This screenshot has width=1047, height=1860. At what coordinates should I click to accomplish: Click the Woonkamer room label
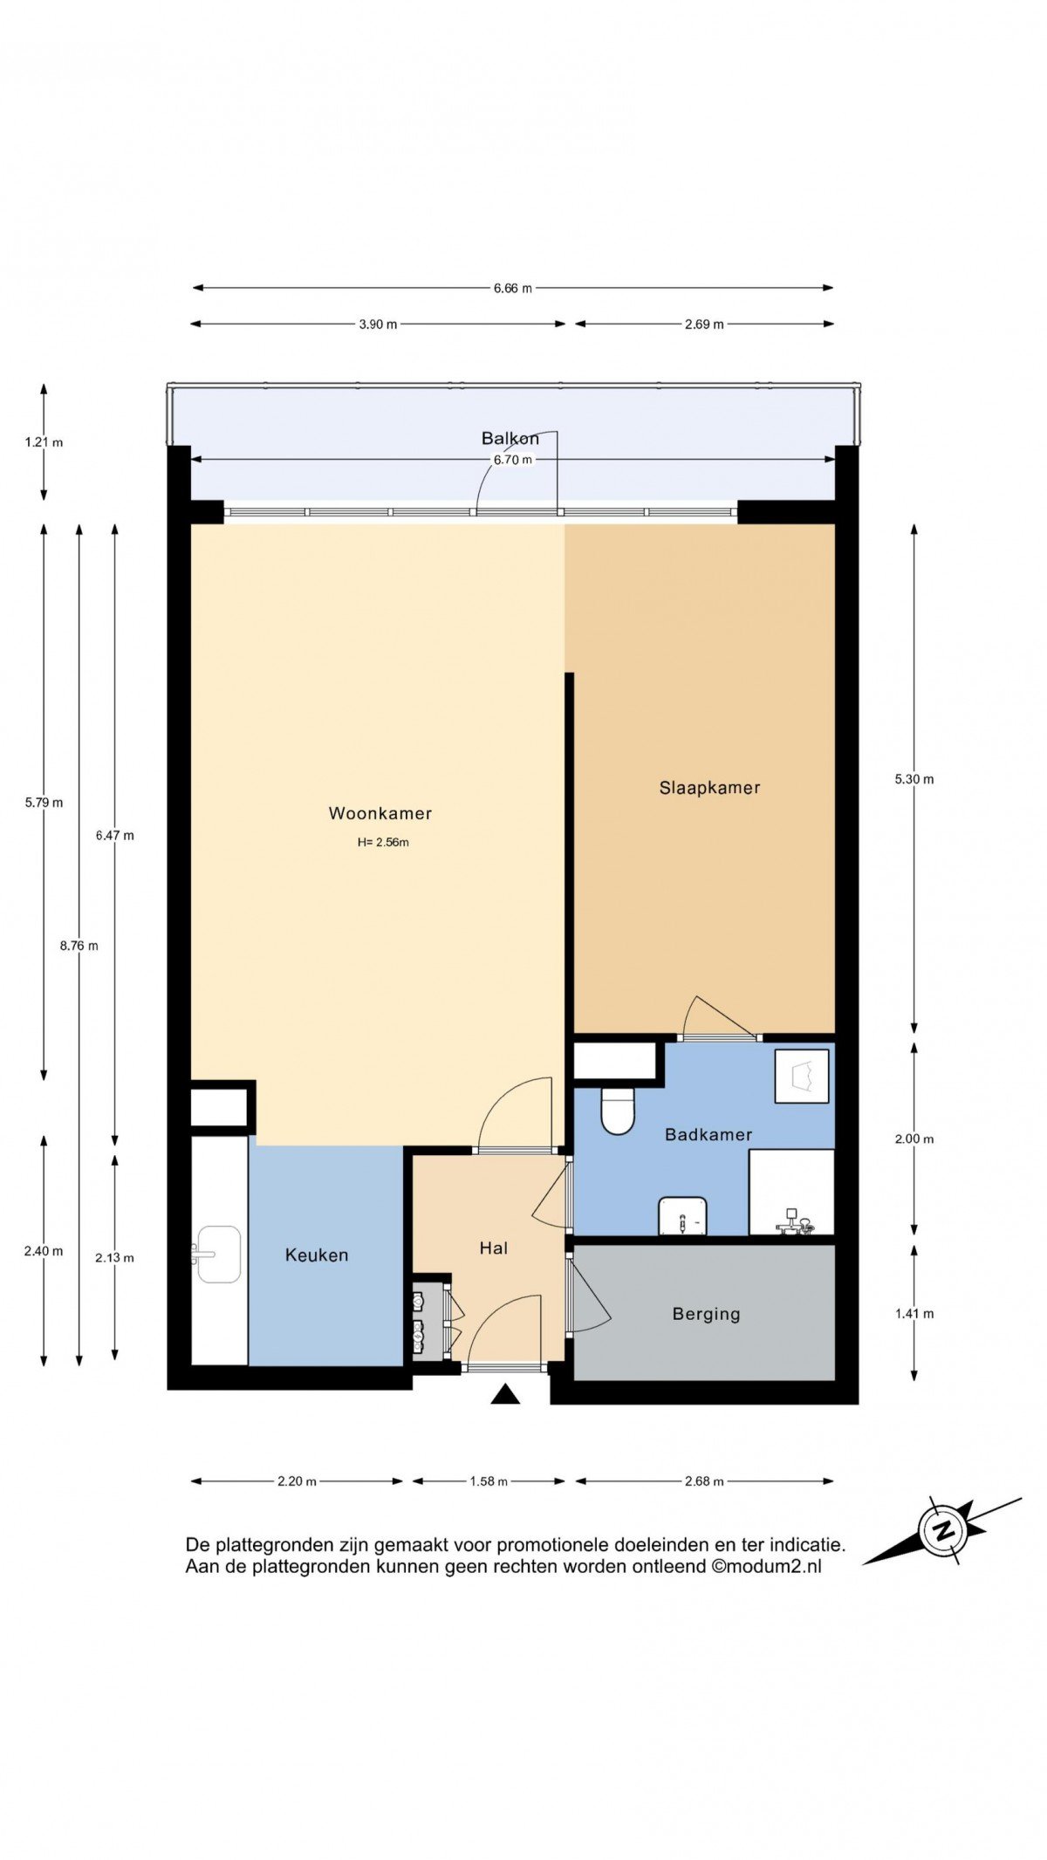[x=380, y=813]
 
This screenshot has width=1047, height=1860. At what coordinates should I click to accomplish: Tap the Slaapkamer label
[x=709, y=788]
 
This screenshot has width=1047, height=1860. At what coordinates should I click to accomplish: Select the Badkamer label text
[x=708, y=1134]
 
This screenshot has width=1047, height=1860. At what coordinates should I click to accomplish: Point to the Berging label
[x=706, y=1314]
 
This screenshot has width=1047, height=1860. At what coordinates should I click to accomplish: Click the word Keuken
[x=317, y=1255]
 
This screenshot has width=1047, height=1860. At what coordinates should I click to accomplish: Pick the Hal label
[x=494, y=1248]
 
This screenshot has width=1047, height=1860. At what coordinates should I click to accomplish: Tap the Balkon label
[x=510, y=438]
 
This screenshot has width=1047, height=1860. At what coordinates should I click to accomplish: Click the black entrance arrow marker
[x=505, y=1394]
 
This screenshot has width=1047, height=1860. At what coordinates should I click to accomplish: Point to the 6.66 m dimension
[x=512, y=288]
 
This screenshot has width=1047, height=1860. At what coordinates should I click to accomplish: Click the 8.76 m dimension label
[x=79, y=946]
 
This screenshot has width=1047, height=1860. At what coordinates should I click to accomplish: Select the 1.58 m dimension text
[x=489, y=1481]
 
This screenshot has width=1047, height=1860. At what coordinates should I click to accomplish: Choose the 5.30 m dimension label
[x=914, y=779]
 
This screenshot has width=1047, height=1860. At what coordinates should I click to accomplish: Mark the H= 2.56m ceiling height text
[x=383, y=843]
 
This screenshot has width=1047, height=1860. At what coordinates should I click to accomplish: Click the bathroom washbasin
[x=682, y=1215]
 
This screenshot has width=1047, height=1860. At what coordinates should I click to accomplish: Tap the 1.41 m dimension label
[x=914, y=1314]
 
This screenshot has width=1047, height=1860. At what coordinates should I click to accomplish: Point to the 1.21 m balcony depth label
[x=44, y=442]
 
